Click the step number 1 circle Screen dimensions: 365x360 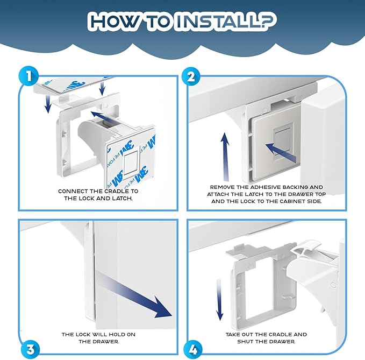click(28, 76)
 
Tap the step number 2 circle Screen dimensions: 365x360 click(191, 76)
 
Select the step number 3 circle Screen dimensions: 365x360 click(30, 350)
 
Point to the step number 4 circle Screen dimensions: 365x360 click(193, 350)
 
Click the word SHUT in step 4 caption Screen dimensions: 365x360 click(245, 342)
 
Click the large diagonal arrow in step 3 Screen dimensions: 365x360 click(134, 295)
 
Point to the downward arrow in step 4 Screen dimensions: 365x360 click(219, 300)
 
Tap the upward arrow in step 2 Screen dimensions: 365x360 click(225, 157)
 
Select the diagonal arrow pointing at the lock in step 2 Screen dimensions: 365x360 click(281, 153)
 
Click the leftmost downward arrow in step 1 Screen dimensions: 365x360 click(48, 103)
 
